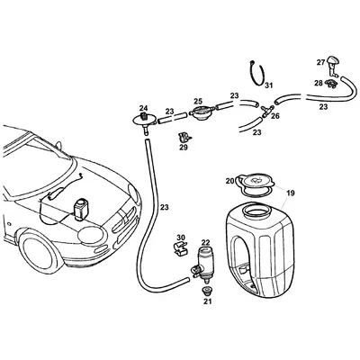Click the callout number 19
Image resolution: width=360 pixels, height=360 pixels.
point(290,193)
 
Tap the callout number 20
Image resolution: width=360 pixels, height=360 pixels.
point(229,181)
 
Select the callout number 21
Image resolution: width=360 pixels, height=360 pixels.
point(206,301)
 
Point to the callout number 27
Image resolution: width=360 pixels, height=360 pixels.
point(320,62)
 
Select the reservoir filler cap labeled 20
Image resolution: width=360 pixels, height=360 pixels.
point(254,182)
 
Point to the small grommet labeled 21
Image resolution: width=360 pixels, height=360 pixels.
point(206,291)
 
